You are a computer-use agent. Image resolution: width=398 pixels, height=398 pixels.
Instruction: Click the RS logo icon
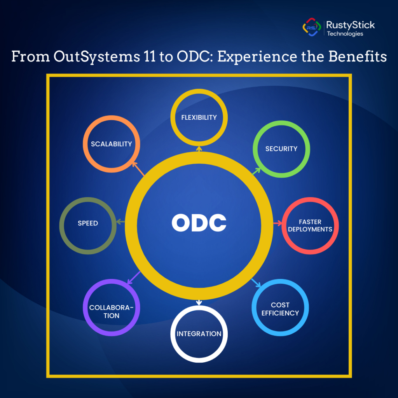tap(312, 27)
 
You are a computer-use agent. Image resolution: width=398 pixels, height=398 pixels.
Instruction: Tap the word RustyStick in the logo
tap(350, 25)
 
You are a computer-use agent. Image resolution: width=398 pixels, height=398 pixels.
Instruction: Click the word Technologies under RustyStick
tap(345, 34)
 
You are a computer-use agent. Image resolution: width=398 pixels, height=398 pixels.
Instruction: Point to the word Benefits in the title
tap(358, 56)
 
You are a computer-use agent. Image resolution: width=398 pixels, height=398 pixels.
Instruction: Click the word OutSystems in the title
tap(97, 57)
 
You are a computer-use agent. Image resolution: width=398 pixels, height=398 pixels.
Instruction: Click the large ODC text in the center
tap(199, 223)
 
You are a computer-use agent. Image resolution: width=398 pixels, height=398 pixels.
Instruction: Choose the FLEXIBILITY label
tap(199, 117)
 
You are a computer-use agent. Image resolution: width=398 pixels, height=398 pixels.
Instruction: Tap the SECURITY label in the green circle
tap(281, 149)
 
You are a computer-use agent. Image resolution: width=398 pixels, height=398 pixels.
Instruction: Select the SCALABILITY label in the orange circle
tap(112, 144)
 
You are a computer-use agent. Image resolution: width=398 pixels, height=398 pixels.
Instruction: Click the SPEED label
tap(88, 223)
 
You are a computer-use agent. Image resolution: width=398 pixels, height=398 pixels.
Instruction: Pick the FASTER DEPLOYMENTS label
tap(310, 226)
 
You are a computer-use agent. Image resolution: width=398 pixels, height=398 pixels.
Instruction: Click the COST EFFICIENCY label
tap(280, 309)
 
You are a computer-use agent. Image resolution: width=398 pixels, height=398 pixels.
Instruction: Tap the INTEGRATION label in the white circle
tap(199, 334)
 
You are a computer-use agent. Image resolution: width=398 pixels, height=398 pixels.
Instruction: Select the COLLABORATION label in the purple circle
tap(112, 311)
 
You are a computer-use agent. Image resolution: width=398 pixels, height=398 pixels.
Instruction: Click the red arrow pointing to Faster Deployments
tap(278, 223)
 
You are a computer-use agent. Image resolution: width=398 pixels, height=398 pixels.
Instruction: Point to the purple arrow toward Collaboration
tap(134, 278)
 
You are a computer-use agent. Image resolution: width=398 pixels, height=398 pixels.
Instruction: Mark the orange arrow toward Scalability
tap(138, 169)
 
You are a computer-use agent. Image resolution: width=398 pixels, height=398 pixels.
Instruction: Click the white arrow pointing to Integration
tap(199, 302)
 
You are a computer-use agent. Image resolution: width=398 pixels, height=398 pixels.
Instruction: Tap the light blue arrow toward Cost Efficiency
tap(256, 283)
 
